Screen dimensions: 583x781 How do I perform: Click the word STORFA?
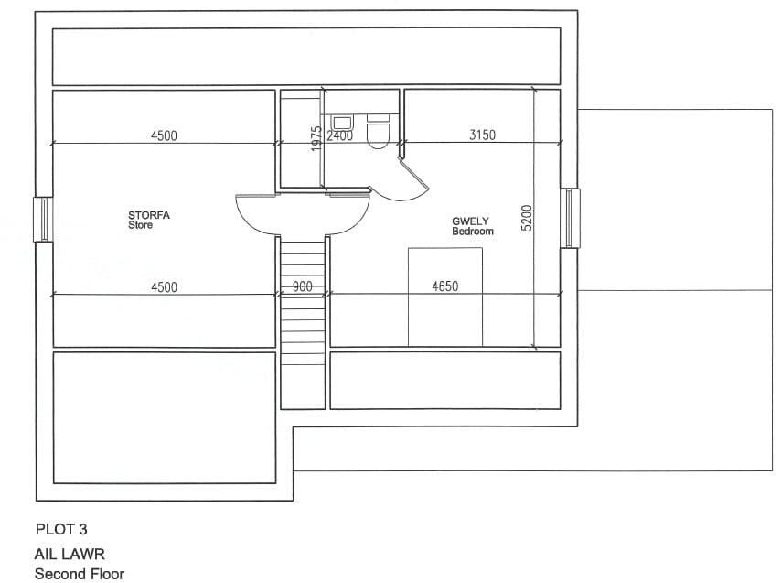pos(149,216)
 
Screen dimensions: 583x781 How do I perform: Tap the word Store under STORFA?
pos(140,225)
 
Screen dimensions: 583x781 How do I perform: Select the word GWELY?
pos(470,221)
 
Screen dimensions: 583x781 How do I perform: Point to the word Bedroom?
pos(473,232)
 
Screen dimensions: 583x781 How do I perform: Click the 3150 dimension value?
pos(482,135)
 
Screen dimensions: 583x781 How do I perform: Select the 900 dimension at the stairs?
pos(303,286)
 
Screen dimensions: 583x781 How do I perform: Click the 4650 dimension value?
pos(444,286)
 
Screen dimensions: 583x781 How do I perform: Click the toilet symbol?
pos(377,134)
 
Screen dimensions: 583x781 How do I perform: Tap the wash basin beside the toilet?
pos(343,121)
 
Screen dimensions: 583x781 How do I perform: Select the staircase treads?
pos(303,320)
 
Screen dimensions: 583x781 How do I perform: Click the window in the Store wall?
pos(43,220)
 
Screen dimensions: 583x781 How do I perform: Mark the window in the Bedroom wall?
pos(570,218)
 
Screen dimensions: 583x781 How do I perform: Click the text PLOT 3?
pos(61,529)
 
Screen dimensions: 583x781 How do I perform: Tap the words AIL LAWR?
pos(70,555)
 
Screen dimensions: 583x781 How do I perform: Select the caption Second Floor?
pos(79,574)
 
